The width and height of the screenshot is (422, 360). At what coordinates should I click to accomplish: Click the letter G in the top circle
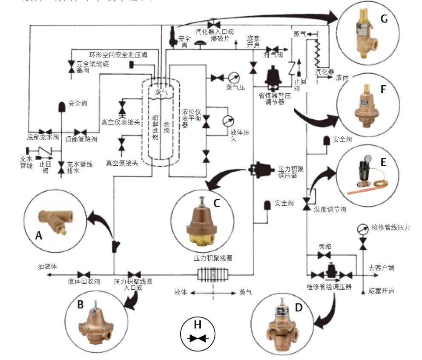click(x=384, y=19)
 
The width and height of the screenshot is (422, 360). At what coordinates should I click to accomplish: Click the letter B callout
click(x=80, y=304)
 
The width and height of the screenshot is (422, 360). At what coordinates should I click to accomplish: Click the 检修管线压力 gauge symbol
click(x=363, y=228)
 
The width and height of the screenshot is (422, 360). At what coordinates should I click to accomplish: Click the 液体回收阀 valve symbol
click(x=83, y=274)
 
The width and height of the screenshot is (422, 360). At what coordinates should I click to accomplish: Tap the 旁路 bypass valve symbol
click(x=325, y=255)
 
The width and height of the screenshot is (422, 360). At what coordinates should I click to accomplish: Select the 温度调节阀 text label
click(x=330, y=209)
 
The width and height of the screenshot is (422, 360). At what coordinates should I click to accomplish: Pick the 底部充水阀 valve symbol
click(x=44, y=131)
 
